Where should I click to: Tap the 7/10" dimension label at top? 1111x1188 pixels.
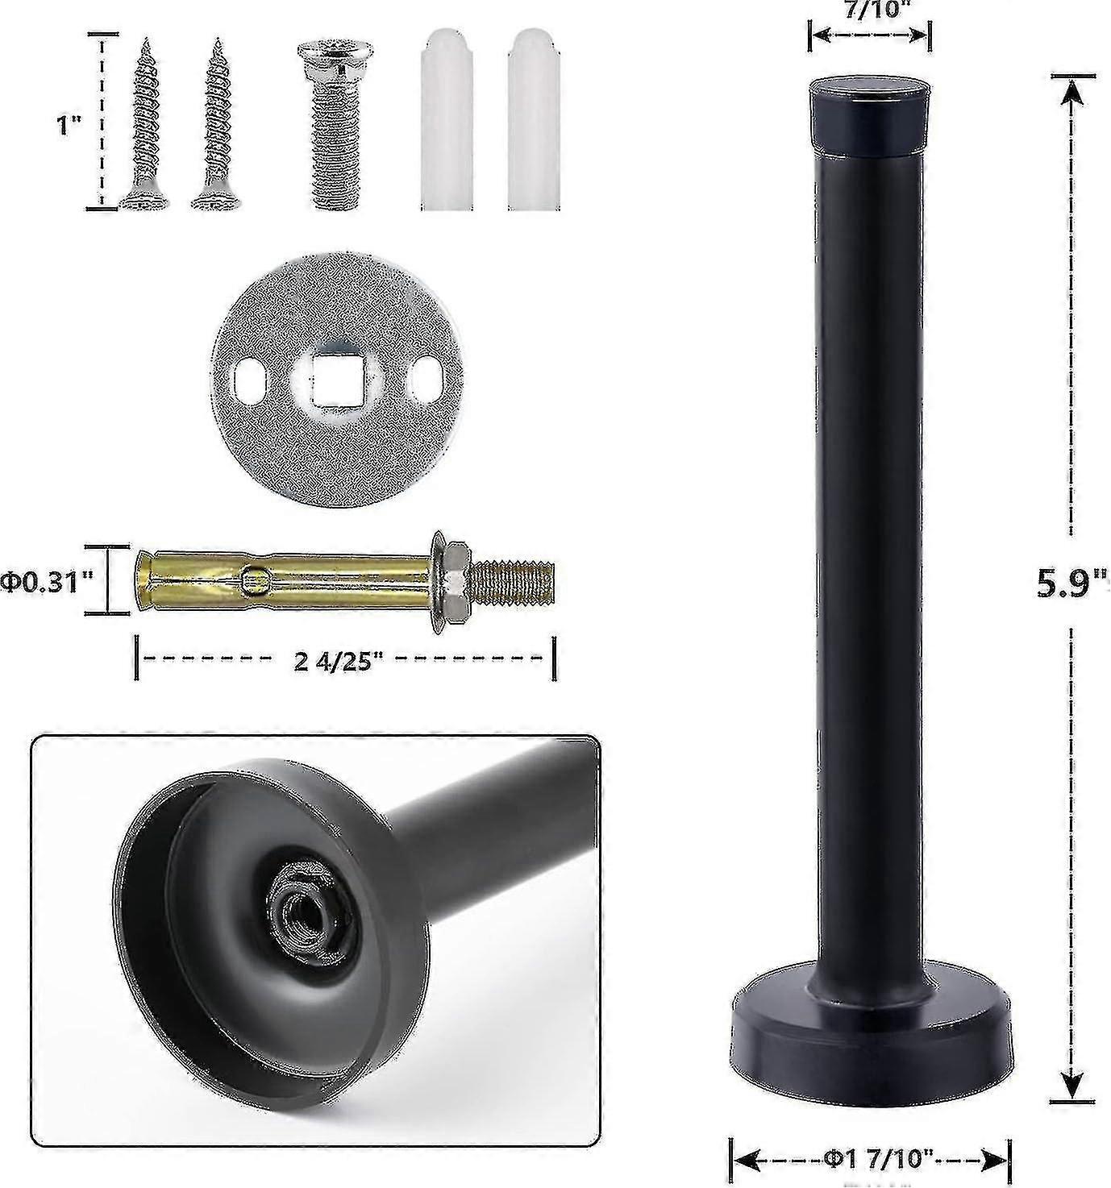pyautogui.click(x=869, y=10)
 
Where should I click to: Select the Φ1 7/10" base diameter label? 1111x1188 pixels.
pyautogui.click(x=871, y=1161)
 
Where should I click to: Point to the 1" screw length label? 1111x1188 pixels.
pyautogui.click(x=70, y=127)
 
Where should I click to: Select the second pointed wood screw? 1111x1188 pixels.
pyautogui.click(x=214, y=129)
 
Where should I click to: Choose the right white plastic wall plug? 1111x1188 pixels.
pyautogui.click(x=533, y=129)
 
